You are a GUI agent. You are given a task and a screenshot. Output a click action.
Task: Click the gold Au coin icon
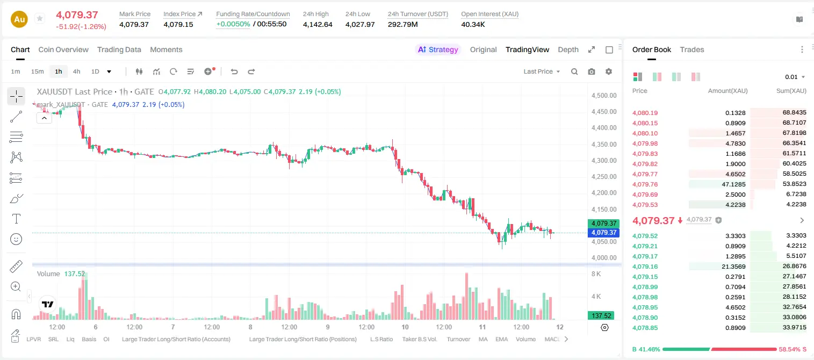pyautogui.click(x=19, y=19)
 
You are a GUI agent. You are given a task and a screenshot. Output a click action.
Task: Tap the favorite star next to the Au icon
pyautogui.click(x=40, y=18)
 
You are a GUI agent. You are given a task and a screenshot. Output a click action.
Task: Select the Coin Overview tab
pyautogui.click(x=63, y=49)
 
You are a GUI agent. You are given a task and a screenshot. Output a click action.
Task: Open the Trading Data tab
pyautogui.click(x=119, y=49)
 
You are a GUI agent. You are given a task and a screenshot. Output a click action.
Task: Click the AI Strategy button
pyautogui.click(x=438, y=49)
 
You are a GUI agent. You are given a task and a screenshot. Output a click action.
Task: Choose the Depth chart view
pyautogui.click(x=568, y=49)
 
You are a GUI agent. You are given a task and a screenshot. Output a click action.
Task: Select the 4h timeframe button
pyautogui.click(x=76, y=71)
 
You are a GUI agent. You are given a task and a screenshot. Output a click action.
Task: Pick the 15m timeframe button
pyautogui.click(x=38, y=71)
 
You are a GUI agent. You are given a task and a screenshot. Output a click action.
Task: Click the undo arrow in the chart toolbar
pyautogui.click(x=234, y=71)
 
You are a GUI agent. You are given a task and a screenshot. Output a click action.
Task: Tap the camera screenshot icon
pyautogui.click(x=592, y=71)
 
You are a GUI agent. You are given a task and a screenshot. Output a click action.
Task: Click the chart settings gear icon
pyautogui.click(x=609, y=71)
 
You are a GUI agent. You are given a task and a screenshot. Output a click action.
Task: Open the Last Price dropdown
pyautogui.click(x=542, y=71)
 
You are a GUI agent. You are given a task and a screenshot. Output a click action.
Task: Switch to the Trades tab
pyautogui.click(x=692, y=49)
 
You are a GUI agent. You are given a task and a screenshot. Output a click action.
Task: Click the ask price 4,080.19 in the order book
pyautogui.click(x=645, y=113)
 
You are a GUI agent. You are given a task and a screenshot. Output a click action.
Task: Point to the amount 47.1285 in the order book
pyautogui.click(x=733, y=184)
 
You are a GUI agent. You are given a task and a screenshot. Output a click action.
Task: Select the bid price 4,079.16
pyautogui.click(x=645, y=267)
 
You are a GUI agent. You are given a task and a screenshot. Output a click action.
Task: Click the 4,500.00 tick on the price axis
pyautogui.click(x=604, y=96)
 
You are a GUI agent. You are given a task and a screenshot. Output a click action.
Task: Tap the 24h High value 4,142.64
pyautogui.click(x=318, y=24)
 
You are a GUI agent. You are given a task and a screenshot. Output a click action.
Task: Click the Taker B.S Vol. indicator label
pyautogui.click(x=419, y=339)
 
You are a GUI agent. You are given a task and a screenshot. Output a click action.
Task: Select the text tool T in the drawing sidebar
pyautogui.click(x=16, y=219)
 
